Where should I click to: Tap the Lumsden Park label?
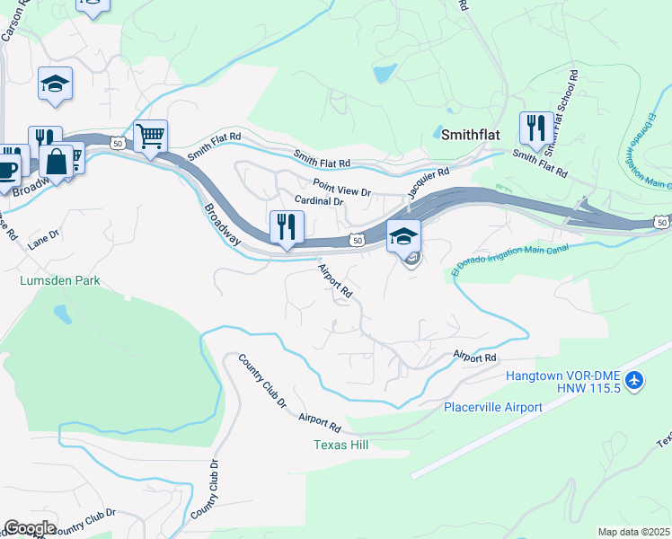click(x=60, y=280)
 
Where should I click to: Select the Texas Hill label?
click(x=340, y=445)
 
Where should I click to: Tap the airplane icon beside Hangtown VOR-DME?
click(x=636, y=381)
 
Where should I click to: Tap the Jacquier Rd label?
click(x=427, y=183)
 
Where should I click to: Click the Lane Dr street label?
click(x=42, y=237)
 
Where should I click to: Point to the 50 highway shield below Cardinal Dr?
click(x=357, y=240)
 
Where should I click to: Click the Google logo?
click(x=30, y=527)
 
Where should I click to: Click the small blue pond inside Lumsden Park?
click(x=61, y=314)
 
